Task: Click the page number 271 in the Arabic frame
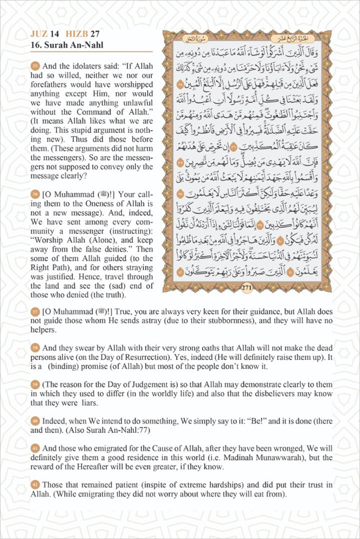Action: coord(246,287)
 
